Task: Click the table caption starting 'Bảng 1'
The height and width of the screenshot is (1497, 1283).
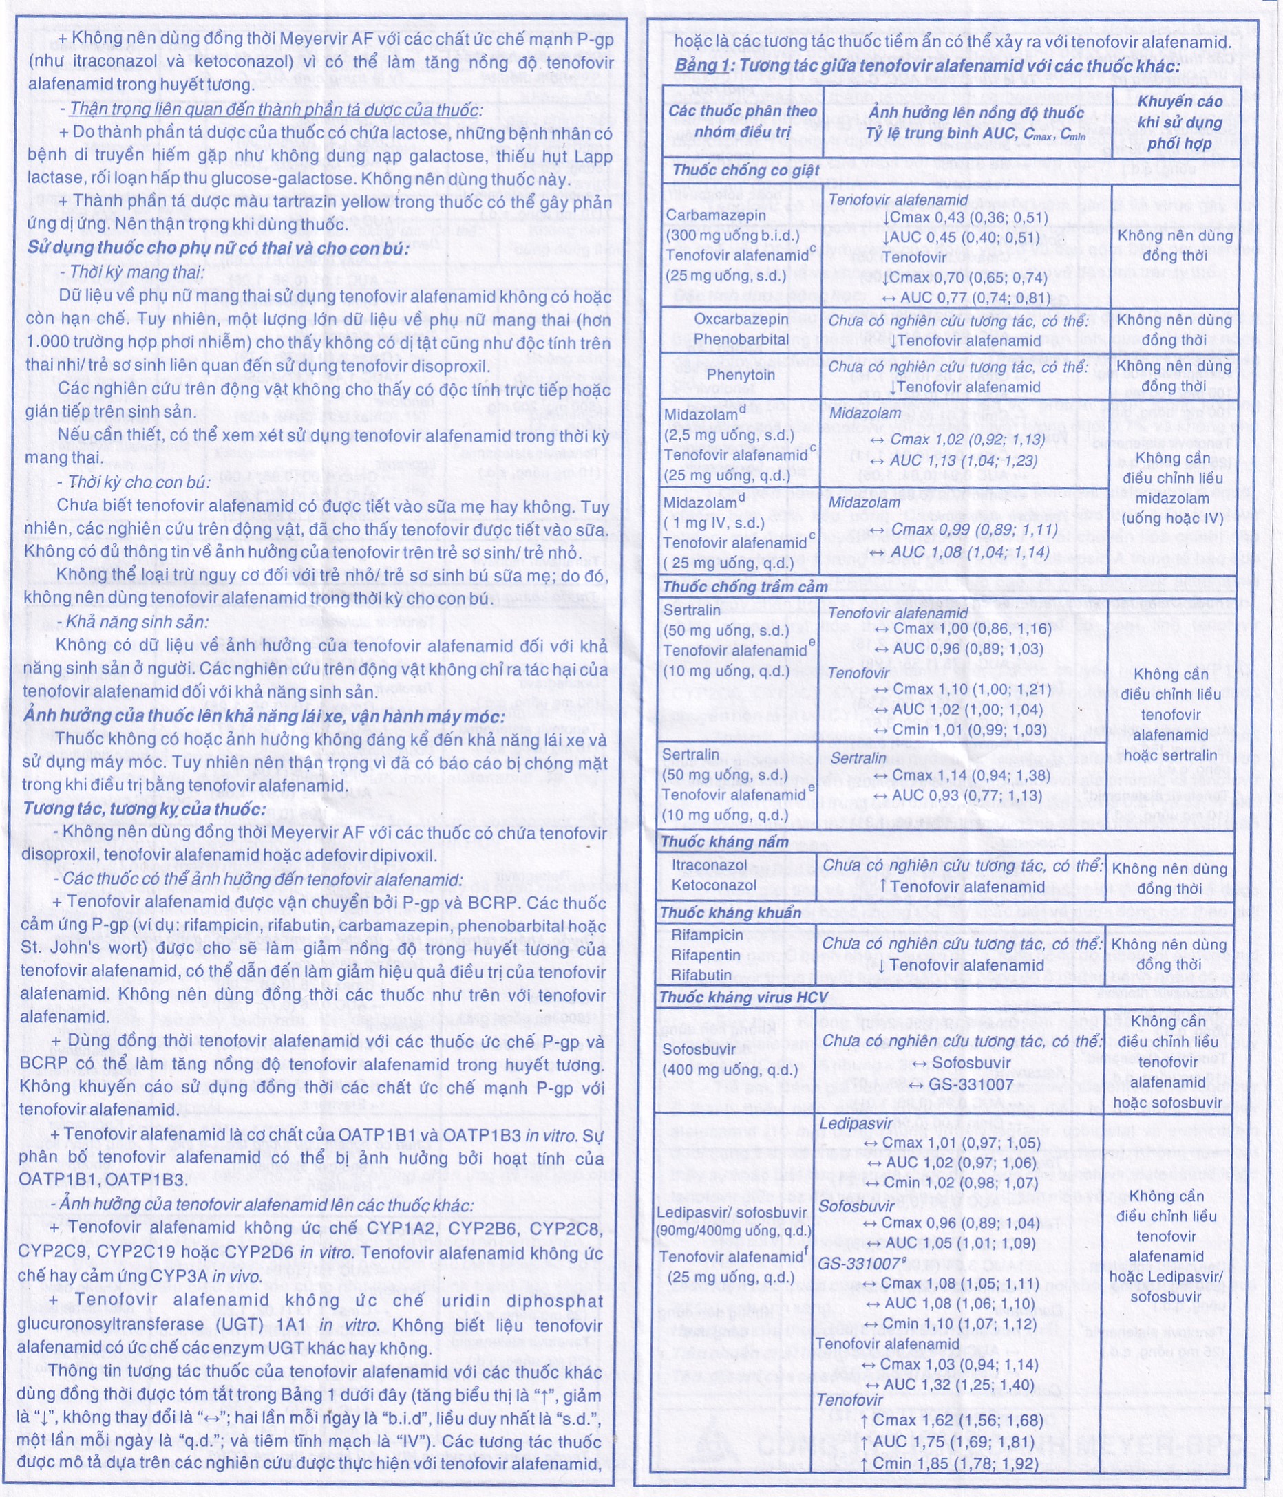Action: [x=927, y=67]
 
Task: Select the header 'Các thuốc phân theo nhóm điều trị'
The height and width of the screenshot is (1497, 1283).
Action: [x=741, y=120]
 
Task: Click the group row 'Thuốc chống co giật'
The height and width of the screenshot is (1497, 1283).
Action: [x=745, y=171]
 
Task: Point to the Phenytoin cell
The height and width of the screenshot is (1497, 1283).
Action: [x=740, y=375]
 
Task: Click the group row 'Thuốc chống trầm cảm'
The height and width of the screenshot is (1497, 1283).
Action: [x=745, y=587]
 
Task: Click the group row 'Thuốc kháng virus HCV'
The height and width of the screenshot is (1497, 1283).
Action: [x=743, y=998]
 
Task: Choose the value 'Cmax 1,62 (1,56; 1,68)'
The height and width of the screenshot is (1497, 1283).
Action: [x=957, y=1421]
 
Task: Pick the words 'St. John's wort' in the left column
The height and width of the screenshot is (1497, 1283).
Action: [x=74, y=949]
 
